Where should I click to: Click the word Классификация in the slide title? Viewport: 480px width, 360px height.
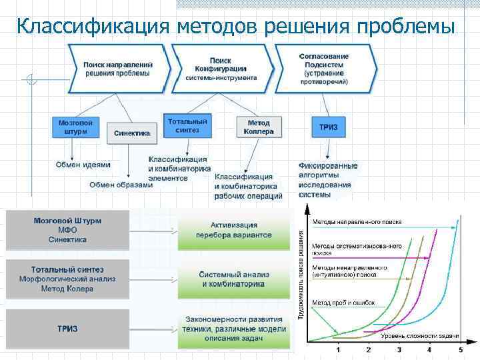tap(93, 26)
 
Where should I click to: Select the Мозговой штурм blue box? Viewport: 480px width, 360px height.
tap(75, 127)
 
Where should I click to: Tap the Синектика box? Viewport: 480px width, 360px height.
tap(131, 133)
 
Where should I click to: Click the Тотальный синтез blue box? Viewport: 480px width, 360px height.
tap(187, 125)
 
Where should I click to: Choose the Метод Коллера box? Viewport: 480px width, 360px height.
tap(259, 127)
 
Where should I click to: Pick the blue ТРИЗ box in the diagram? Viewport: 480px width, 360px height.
tap(327, 127)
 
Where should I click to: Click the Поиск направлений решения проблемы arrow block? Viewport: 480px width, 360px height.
tap(117, 68)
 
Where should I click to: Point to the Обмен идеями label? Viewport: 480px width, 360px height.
tap(83, 165)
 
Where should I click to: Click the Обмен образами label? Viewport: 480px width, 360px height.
tap(121, 185)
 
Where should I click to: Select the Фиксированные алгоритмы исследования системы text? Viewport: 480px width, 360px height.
tap(327, 180)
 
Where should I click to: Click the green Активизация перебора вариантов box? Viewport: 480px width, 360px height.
tap(233, 230)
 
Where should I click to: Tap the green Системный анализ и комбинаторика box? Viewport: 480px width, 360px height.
tap(233, 279)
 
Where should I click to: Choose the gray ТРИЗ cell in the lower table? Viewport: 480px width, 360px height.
tap(67, 329)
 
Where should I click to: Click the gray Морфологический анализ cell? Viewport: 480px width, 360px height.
tap(67, 279)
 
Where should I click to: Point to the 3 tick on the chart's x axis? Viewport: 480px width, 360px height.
tap(399, 349)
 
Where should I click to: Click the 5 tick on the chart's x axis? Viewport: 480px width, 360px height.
tap(460, 349)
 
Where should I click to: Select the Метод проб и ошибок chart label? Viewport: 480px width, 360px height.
tap(343, 302)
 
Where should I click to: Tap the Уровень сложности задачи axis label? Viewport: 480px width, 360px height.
tap(420, 335)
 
